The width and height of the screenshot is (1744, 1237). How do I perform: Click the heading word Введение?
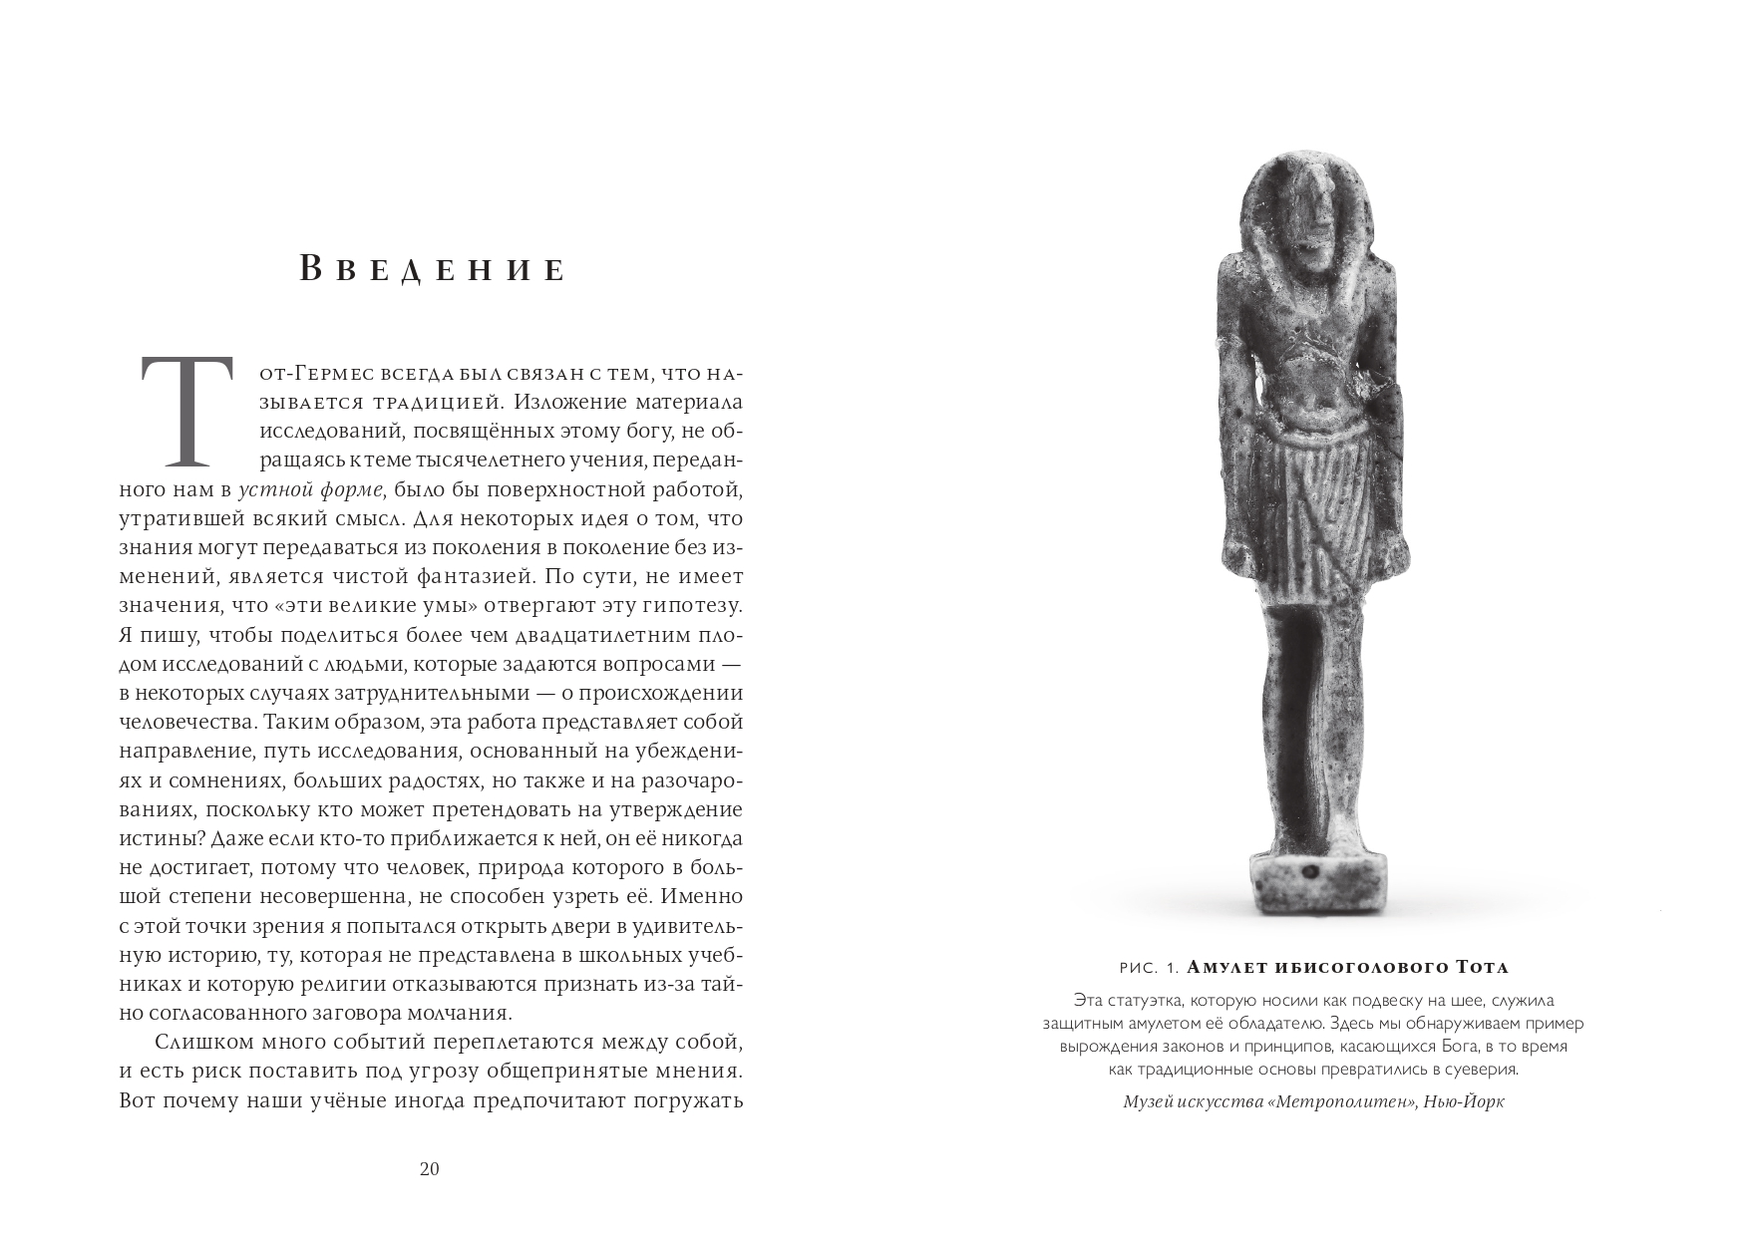pyautogui.click(x=433, y=270)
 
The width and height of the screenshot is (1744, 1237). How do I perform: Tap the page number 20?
pyautogui.click(x=429, y=1169)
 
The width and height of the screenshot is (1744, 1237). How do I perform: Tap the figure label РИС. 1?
pyautogui.click(x=1150, y=968)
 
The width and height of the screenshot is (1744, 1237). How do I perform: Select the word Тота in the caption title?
pyautogui.click(x=1482, y=968)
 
